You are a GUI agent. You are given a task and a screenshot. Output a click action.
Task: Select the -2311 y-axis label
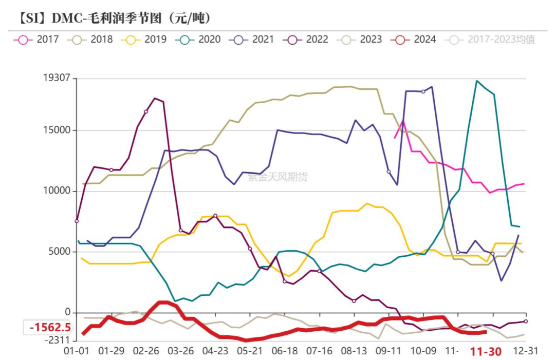click(58, 340)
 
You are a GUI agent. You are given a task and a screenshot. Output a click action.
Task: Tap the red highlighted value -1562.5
click(50, 328)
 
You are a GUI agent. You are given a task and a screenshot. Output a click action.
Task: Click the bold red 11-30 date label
click(486, 352)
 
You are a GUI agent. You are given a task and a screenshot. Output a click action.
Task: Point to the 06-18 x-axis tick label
click(284, 352)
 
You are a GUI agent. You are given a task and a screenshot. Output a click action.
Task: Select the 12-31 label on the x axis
click(526, 352)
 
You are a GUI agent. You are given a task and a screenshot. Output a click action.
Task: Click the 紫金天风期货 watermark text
click(277, 178)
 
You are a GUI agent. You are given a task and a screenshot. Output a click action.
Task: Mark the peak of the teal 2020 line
click(477, 81)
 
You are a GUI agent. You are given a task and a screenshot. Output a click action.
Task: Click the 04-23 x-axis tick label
click(215, 352)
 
